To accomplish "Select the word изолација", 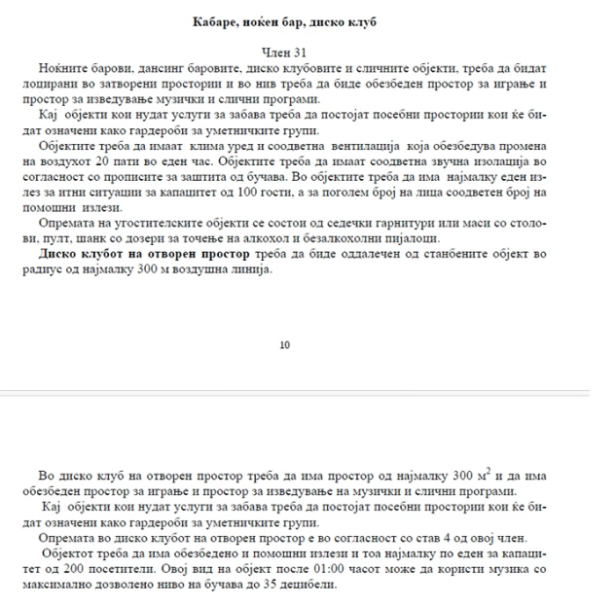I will click(x=507, y=164).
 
